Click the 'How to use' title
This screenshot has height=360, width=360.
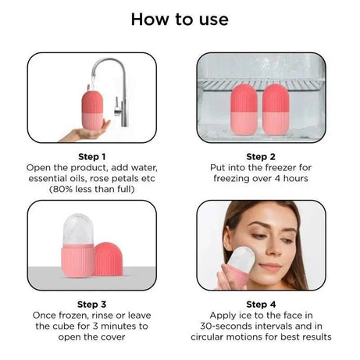click(180, 19)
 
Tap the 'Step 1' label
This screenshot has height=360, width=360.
click(91, 156)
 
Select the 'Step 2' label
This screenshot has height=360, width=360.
click(261, 156)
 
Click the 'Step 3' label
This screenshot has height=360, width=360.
click(91, 304)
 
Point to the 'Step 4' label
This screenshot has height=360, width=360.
click(261, 304)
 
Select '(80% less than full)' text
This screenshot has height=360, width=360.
click(91, 189)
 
